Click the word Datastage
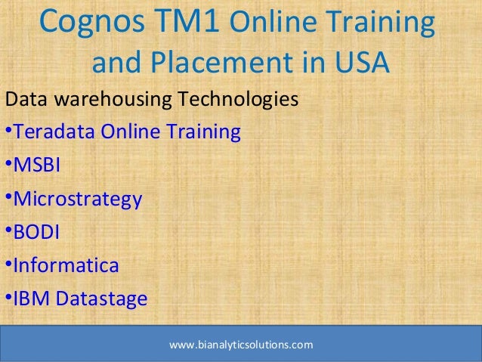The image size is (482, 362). [x=98, y=300]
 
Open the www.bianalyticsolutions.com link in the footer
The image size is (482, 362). [x=241, y=345]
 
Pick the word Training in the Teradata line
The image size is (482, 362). [x=203, y=133]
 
